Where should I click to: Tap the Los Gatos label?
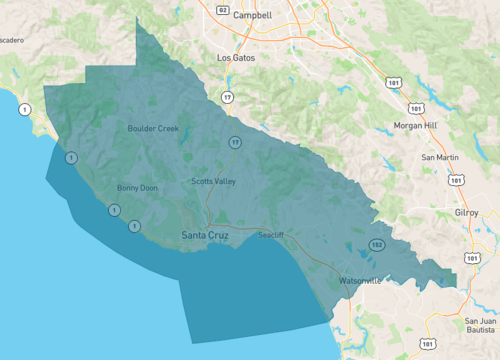click(236, 58)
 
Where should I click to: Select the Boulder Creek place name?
click(153, 128)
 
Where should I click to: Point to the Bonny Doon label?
click(137, 187)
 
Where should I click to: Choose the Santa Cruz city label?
click(205, 235)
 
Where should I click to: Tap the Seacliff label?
click(271, 234)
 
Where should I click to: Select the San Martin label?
click(440, 158)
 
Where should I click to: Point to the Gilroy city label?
click(466, 213)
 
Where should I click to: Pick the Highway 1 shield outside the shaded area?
click(24, 108)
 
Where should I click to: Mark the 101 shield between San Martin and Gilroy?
click(456, 181)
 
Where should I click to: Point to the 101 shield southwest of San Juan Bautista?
click(426, 344)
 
